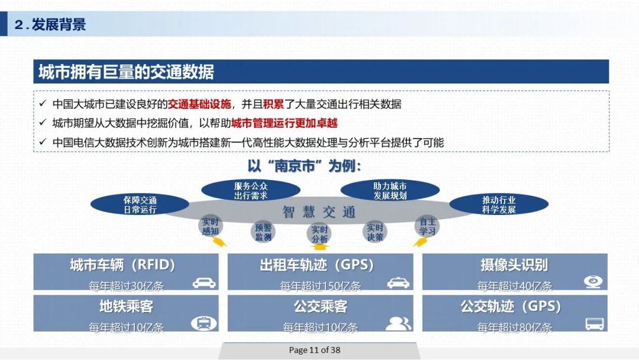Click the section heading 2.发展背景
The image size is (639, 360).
(50, 25)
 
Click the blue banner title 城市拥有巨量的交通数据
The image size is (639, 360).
(126, 72)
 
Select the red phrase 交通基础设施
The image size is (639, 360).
(199, 104)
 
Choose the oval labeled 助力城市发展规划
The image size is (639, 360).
(390, 191)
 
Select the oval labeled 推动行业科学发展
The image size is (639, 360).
(499, 205)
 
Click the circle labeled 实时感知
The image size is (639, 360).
(210, 227)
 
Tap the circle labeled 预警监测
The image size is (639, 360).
(263, 232)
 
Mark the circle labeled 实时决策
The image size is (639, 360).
(375, 232)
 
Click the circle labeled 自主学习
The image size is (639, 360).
(427, 227)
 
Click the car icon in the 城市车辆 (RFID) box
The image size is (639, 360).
(204, 283)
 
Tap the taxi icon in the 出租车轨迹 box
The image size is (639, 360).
(398, 283)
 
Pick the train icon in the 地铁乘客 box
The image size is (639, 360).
(204, 323)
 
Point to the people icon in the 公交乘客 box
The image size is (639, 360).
(398, 323)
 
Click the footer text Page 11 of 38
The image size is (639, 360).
(314, 350)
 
